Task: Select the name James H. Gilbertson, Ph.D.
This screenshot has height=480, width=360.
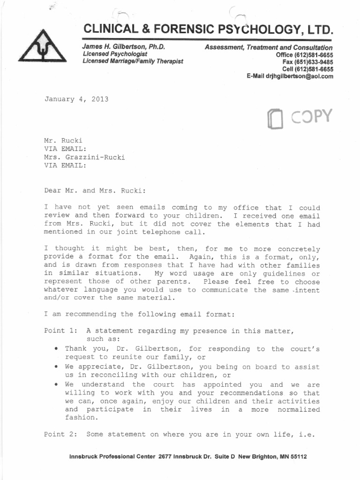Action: point(124,47)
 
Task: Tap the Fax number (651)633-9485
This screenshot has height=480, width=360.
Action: point(307,62)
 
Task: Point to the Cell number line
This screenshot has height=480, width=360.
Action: point(307,69)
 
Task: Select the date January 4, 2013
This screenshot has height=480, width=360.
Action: point(76,99)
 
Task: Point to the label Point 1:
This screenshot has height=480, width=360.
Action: point(60,330)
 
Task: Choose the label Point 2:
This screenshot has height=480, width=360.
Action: point(60,434)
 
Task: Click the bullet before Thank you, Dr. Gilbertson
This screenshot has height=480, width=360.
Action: point(56,349)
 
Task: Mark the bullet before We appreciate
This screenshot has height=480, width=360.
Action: point(56,367)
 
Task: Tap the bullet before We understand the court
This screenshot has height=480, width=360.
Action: point(56,385)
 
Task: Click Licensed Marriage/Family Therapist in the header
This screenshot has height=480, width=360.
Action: point(133,61)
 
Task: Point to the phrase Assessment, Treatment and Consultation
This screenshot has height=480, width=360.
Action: point(269,48)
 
